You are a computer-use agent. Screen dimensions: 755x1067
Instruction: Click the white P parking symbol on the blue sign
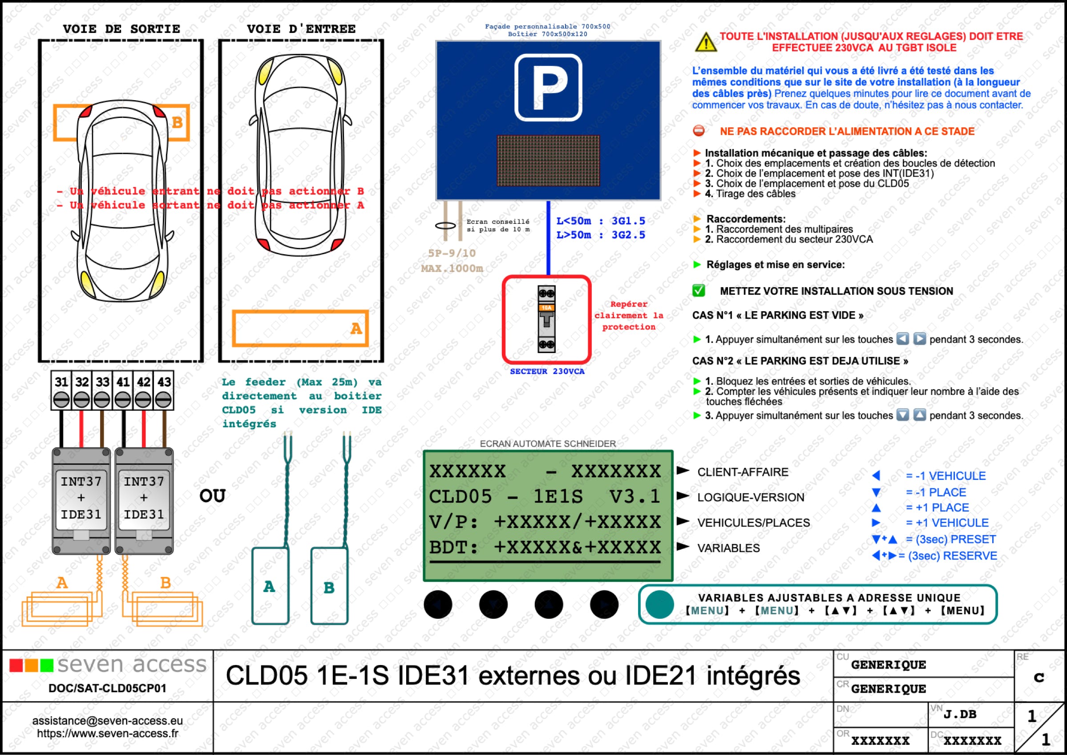pyautogui.click(x=548, y=87)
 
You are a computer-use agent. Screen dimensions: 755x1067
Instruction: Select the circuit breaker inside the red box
pyautogui.click(x=546, y=319)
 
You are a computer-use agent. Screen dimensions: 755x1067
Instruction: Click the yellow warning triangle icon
pyautogui.click(x=705, y=42)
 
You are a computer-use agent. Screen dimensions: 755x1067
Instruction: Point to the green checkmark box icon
pyautogui.click(x=699, y=291)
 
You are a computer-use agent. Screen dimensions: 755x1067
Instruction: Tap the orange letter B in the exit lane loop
pyautogui.click(x=177, y=122)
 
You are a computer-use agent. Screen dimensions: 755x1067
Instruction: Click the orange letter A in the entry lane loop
pyautogui.click(x=356, y=329)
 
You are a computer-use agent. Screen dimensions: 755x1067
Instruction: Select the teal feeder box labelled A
pyautogui.click(x=270, y=586)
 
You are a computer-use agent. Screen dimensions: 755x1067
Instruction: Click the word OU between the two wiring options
pyautogui.click(x=212, y=495)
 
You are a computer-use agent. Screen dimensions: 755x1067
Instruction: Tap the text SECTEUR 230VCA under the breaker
pyautogui.click(x=547, y=371)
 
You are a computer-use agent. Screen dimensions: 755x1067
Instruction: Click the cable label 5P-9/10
pyautogui.click(x=452, y=253)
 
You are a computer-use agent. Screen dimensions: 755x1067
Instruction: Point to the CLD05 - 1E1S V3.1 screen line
pyautogui.click(x=544, y=496)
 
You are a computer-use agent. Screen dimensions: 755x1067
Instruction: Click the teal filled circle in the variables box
pyautogui.click(x=659, y=605)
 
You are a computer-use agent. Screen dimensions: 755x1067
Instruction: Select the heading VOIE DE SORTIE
pyautogui.click(x=121, y=29)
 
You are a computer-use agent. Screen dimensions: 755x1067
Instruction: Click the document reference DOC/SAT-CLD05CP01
pyautogui.click(x=107, y=688)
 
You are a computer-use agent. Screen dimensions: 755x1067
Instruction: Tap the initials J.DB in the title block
pyautogui.click(x=960, y=714)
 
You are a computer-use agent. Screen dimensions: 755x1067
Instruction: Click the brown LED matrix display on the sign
pyautogui.click(x=548, y=160)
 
